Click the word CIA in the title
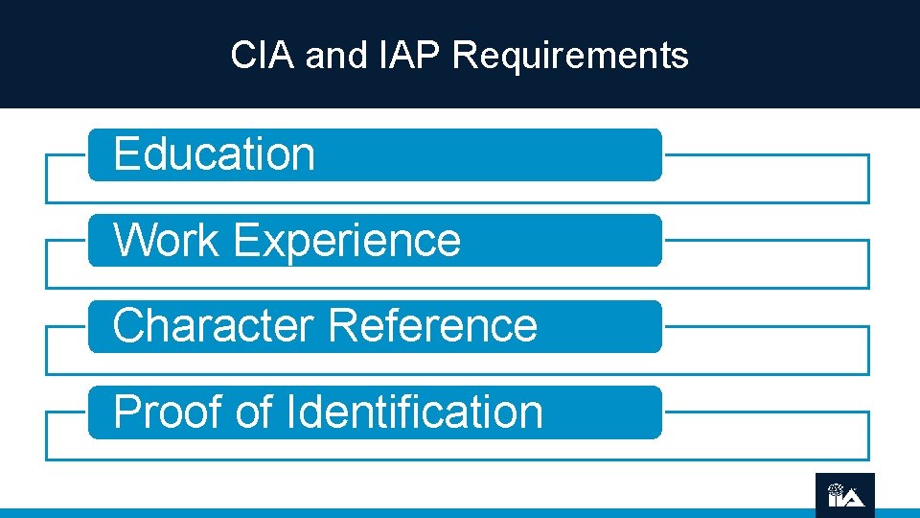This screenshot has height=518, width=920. coord(264,56)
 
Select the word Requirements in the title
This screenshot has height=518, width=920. coord(569,56)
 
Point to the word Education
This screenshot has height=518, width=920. coord(214,154)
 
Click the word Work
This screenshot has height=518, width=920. coord(166,240)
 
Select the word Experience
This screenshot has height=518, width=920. coord(346,240)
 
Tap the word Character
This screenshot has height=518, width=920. coord(213,325)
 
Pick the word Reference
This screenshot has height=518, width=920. coord(432,325)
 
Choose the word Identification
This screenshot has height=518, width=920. coord(414,412)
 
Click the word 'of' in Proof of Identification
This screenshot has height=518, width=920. coord(254,412)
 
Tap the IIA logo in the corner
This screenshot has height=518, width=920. coord(845,495)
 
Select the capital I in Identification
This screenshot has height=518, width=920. coord(290,412)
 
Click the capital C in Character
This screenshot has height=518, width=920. coord(127,325)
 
